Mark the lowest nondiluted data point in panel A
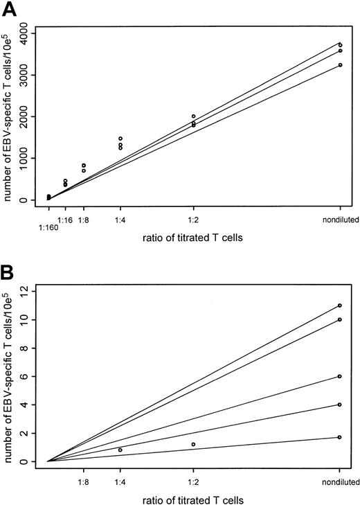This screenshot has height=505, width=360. (x=340, y=65)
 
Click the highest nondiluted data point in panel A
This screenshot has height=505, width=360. (x=340, y=45)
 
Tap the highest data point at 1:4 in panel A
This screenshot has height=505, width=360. (x=120, y=139)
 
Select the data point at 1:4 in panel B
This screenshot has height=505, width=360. (x=120, y=450)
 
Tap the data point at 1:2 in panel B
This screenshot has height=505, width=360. (x=193, y=444)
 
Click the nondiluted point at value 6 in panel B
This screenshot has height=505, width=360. (x=340, y=376)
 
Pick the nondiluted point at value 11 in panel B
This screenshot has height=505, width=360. (x=340, y=305)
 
